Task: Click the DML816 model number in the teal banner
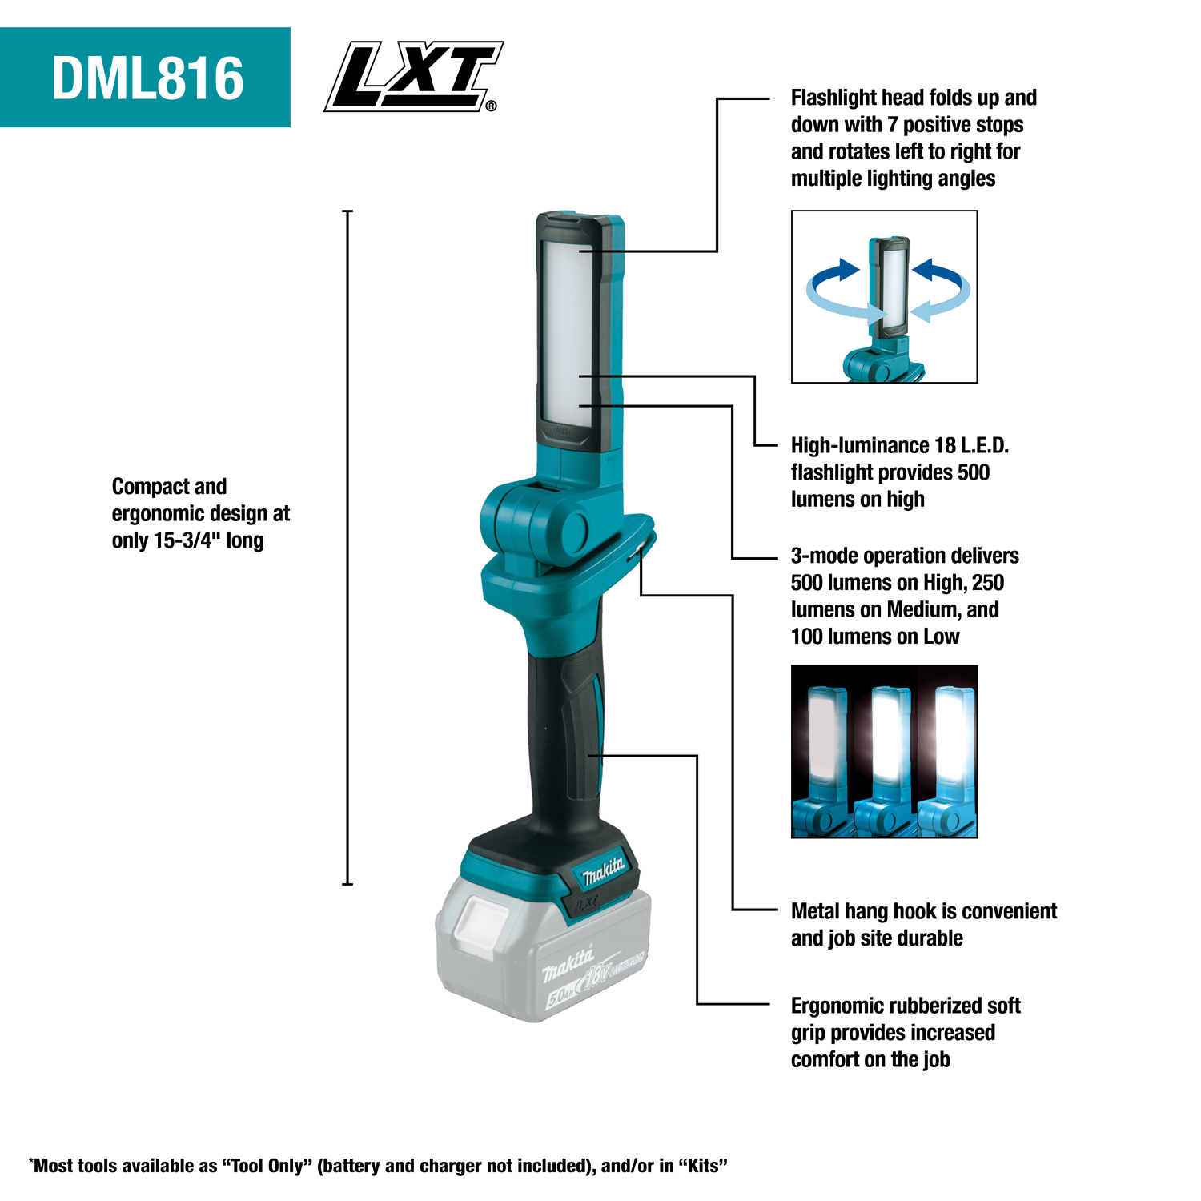(147, 78)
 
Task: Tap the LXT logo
(412, 77)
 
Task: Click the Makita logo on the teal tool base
(602, 870)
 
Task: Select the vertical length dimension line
(347, 548)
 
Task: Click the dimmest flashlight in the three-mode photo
(823, 737)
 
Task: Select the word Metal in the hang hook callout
(815, 911)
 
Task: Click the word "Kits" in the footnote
(703, 1166)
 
